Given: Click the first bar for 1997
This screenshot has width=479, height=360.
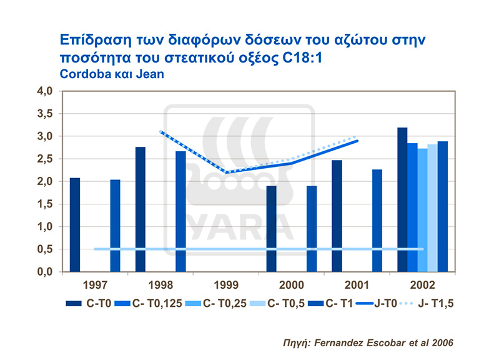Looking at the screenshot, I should click(75, 225).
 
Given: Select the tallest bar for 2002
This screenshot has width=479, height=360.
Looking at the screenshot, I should click(402, 199).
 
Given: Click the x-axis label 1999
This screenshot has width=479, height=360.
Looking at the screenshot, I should click(225, 284).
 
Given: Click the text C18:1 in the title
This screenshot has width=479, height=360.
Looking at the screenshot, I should click(299, 57).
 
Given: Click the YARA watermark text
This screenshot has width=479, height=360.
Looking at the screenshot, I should click(237, 227).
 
